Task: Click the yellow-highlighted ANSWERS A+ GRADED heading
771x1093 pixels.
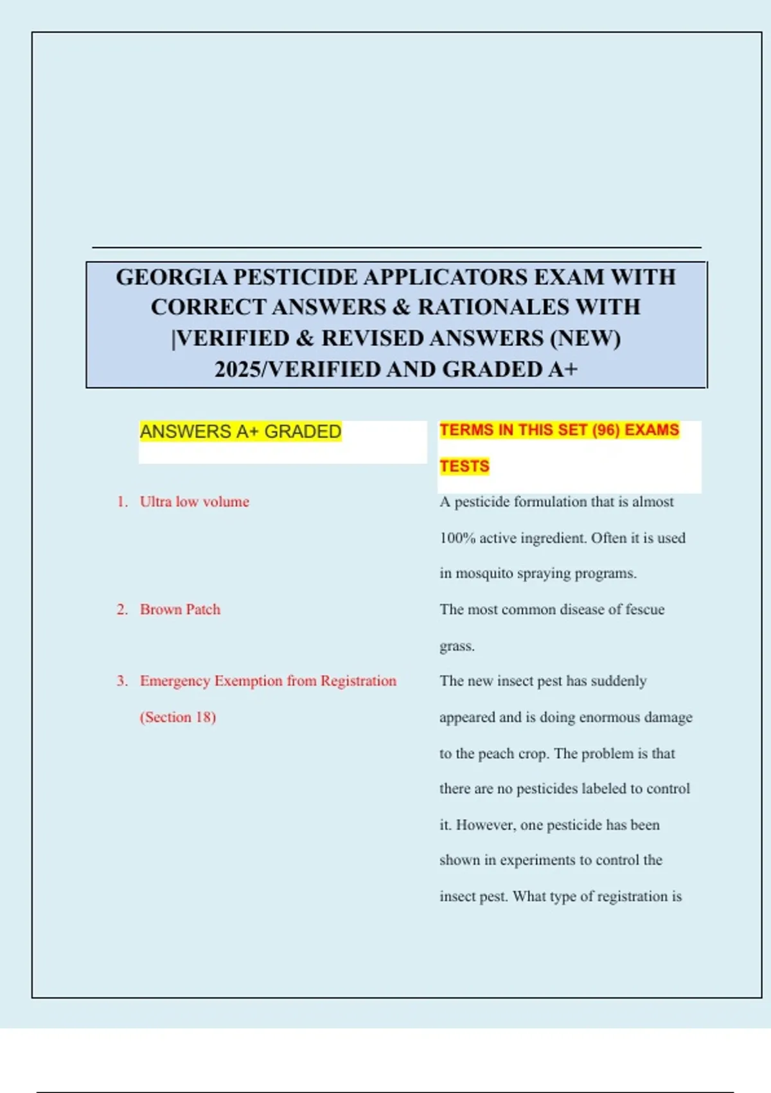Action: pyautogui.click(x=240, y=431)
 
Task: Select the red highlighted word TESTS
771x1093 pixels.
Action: pyautogui.click(x=465, y=466)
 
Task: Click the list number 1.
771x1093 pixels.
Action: pyautogui.click(x=122, y=501)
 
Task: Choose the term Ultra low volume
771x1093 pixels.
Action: pyautogui.click(x=195, y=501)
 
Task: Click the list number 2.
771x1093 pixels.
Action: pyautogui.click(x=122, y=610)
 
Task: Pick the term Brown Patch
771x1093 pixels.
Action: pyautogui.click(x=181, y=610)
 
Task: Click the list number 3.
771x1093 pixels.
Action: pyautogui.click(x=122, y=681)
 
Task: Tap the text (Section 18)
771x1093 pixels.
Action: pyautogui.click(x=178, y=717)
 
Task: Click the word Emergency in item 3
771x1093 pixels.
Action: pyautogui.click(x=175, y=681)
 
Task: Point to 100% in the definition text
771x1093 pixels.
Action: pyautogui.click(x=457, y=538)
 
